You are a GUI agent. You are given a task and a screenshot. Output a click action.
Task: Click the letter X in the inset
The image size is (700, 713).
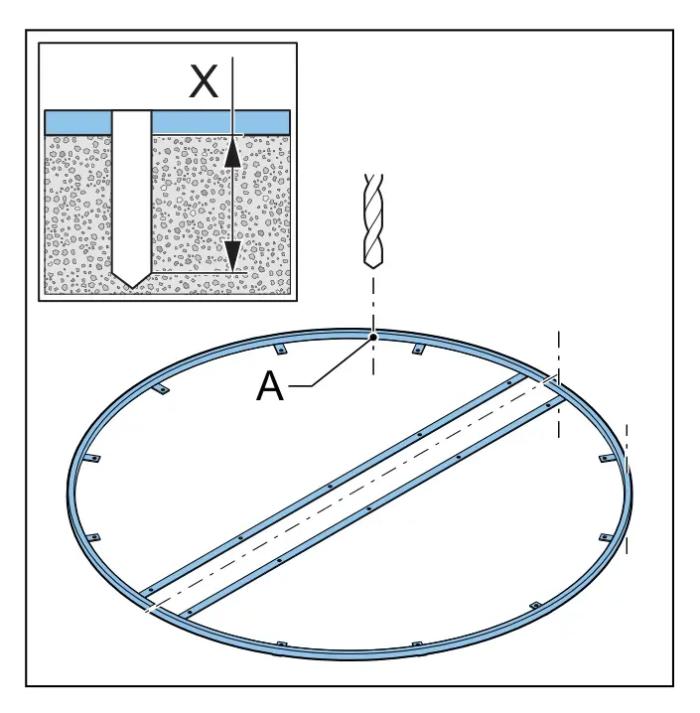click(204, 81)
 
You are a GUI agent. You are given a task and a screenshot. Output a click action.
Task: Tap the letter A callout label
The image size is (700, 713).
click(270, 386)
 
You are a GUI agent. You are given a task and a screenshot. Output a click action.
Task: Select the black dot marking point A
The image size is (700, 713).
click(373, 337)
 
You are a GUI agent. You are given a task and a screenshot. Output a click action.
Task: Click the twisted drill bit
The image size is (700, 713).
click(373, 221)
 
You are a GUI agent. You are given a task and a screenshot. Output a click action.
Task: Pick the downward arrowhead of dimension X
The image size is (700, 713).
click(232, 256)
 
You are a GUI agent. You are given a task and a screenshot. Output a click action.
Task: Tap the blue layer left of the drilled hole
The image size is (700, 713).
click(78, 122)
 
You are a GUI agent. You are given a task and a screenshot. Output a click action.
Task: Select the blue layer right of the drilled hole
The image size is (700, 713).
click(220, 122)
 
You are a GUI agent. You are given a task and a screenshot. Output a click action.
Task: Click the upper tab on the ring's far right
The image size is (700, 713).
click(607, 459)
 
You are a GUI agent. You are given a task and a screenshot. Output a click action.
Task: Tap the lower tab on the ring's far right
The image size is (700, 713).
click(606, 537)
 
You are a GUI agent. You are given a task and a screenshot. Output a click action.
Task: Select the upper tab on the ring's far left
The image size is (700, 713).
click(93, 459)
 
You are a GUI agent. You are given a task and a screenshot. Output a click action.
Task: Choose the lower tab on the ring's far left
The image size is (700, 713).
click(92, 537)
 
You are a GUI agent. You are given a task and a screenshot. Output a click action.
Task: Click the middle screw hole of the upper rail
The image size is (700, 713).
click(330, 487)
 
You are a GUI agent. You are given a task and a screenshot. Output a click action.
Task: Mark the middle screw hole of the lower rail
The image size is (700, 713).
click(368, 508)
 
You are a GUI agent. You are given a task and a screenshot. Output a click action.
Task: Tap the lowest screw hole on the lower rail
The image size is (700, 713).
click(189, 613)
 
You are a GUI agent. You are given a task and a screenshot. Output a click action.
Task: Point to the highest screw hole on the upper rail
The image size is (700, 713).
click(509, 383)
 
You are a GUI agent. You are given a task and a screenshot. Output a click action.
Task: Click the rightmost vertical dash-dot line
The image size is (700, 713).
click(627, 490)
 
